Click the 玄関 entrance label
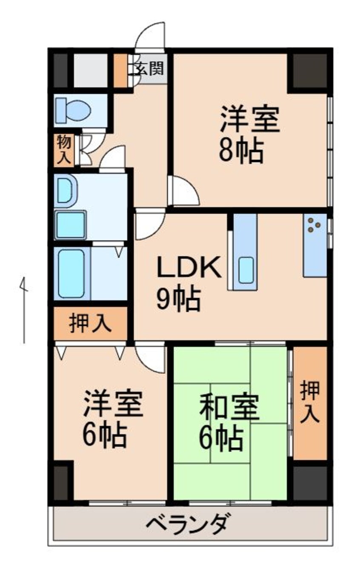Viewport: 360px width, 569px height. [150, 68]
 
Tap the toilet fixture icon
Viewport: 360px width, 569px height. [74, 110]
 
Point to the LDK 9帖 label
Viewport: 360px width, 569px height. [187, 283]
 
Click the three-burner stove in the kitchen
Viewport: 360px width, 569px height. [314, 226]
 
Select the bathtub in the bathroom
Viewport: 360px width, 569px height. [71, 273]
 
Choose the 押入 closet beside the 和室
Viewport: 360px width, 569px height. [310, 402]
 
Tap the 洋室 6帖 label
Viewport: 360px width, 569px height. [112, 419]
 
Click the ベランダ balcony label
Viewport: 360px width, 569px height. [189, 523]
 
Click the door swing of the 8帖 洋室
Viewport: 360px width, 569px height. [183, 192]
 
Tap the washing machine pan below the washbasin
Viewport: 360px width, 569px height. [71, 224]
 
